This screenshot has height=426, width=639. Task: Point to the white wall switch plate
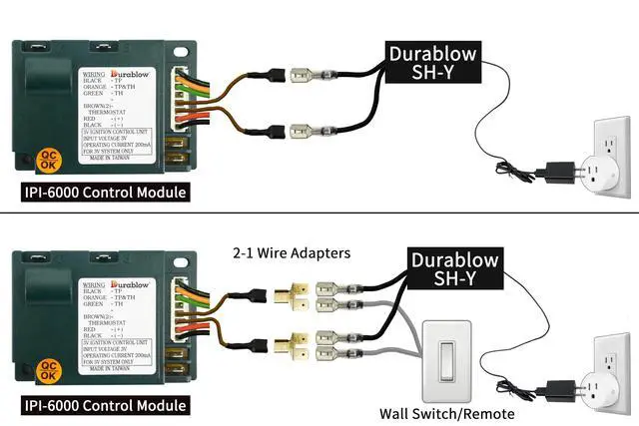click(x=447, y=356)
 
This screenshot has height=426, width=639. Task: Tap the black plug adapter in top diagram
click(x=550, y=171)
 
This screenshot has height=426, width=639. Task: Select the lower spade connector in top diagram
click(x=305, y=128)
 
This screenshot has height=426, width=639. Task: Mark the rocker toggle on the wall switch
click(x=447, y=356)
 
